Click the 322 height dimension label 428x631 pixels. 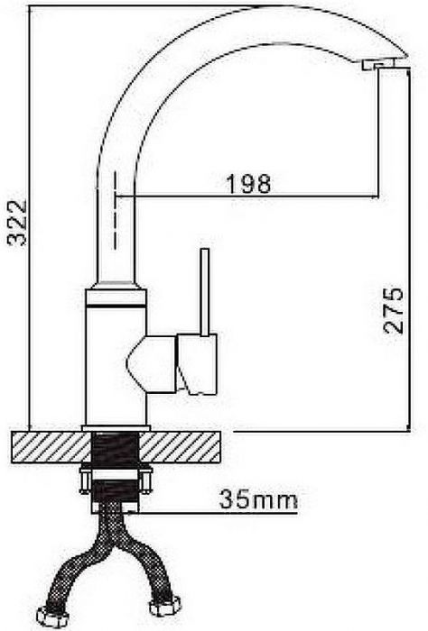click(x=17, y=223)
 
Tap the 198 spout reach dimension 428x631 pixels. click(x=248, y=184)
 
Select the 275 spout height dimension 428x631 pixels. click(x=393, y=310)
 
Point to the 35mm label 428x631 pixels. click(x=258, y=499)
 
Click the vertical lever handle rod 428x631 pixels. click(x=205, y=292)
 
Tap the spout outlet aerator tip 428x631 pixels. click(x=377, y=65)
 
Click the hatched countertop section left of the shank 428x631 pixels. click(x=51, y=447)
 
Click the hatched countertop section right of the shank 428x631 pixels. click(x=180, y=447)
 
